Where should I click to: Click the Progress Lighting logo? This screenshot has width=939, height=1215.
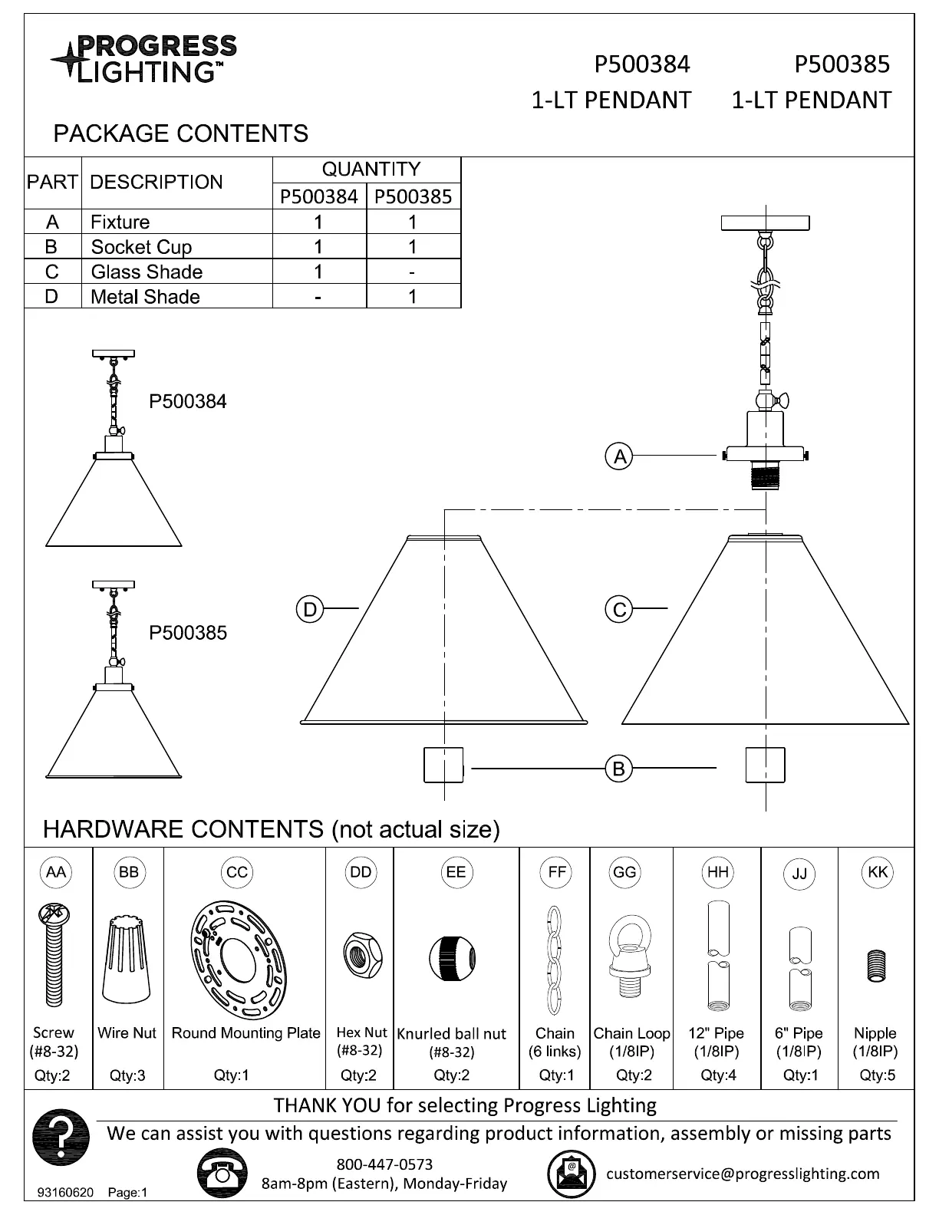tap(143, 58)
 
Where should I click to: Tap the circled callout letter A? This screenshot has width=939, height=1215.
tap(619, 456)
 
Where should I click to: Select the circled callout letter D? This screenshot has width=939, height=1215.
tap(309, 610)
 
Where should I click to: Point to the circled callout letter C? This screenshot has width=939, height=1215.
tap(619, 610)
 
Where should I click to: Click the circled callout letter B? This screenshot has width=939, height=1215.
tap(618, 768)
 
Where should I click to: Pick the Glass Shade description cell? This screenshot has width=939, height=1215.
tap(147, 272)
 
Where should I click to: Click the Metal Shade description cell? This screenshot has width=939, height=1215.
tap(145, 297)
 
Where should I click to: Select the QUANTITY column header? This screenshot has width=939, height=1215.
tap(371, 170)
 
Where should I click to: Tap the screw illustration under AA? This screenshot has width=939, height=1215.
tap(53, 955)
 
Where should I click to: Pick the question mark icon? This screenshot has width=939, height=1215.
tap(61, 1135)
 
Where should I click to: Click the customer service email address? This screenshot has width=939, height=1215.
tap(743, 1173)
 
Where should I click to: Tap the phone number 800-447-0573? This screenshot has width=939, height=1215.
tap(384, 1164)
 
